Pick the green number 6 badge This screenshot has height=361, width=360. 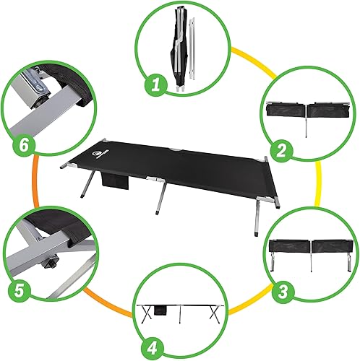tap(22, 145)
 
